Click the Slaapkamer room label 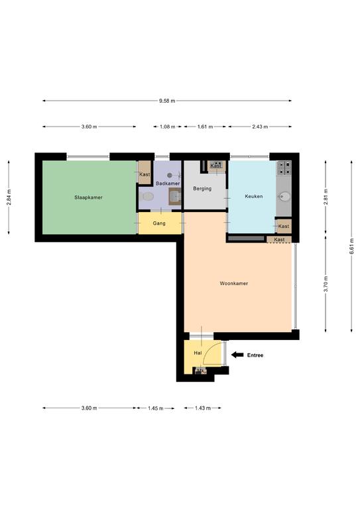click(x=88, y=198)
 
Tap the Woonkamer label click(x=234, y=284)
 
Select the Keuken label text click(x=254, y=196)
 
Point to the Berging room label click(x=202, y=189)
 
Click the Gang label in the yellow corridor click(x=159, y=223)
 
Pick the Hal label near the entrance click(x=198, y=353)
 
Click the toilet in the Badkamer click(x=147, y=196)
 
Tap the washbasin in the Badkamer click(x=174, y=196)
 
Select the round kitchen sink click(x=284, y=196)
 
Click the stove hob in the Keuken click(x=284, y=168)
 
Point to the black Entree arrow click(x=237, y=355)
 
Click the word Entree click(x=255, y=355)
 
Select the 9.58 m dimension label click(x=167, y=101)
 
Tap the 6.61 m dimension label click(x=351, y=247)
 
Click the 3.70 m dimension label click(x=326, y=284)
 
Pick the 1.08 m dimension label click(x=168, y=127)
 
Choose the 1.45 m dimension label click(x=156, y=408)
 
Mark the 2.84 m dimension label click(x=9, y=197)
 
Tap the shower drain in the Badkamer click(x=170, y=175)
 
